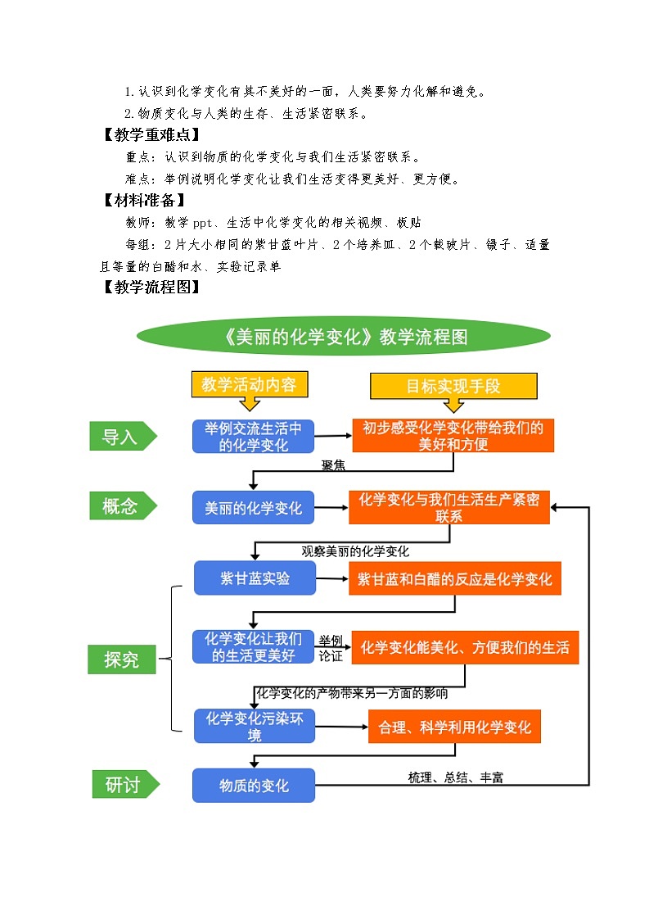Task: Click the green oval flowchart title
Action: point(344,337)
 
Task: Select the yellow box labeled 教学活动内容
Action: point(242,384)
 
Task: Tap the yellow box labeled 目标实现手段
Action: point(453,386)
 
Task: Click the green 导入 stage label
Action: point(121,437)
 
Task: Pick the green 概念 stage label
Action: point(121,506)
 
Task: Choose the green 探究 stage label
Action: point(121,658)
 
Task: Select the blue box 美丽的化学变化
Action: point(253,508)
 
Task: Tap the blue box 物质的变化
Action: point(253,786)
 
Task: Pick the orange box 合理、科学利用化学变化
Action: point(454,727)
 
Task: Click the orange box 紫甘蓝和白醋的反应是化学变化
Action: point(454,579)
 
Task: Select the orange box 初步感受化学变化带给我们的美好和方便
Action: point(453,436)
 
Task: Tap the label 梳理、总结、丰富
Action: point(455,777)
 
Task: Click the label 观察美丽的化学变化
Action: point(355,551)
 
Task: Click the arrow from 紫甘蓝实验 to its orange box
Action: point(332,578)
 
